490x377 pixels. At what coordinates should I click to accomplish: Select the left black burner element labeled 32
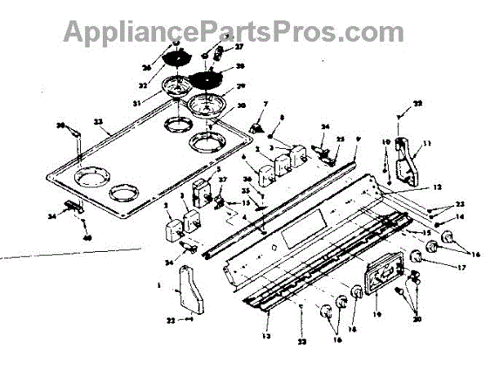pos(177,58)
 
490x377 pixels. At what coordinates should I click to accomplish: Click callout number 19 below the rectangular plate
pos(376,313)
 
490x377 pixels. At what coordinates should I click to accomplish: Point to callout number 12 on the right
pos(438,186)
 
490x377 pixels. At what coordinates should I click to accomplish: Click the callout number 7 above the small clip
pos(265,105)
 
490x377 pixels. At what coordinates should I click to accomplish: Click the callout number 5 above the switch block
pos(218,169)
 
